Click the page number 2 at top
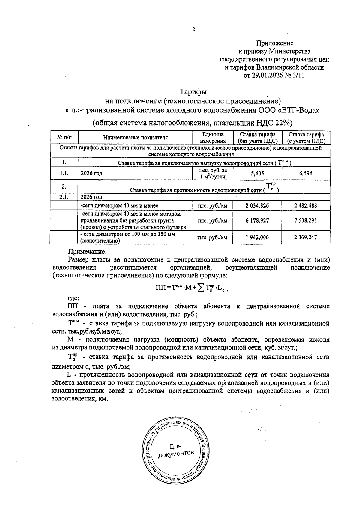[193, 29]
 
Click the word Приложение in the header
[275, 43]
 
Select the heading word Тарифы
[193, 91]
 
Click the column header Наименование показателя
[135, 138]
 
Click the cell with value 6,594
[306, 173]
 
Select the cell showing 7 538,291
[306, 220]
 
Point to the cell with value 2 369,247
[306, 237]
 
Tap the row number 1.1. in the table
[64, 173]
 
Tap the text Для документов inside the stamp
[176, 450]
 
